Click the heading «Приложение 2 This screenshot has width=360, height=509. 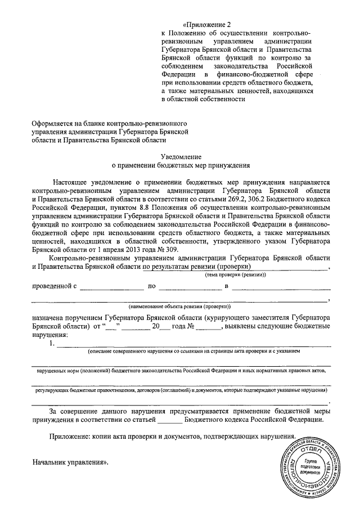[x=209, y=24]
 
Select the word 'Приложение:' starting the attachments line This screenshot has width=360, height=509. [x=69, y=436]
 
